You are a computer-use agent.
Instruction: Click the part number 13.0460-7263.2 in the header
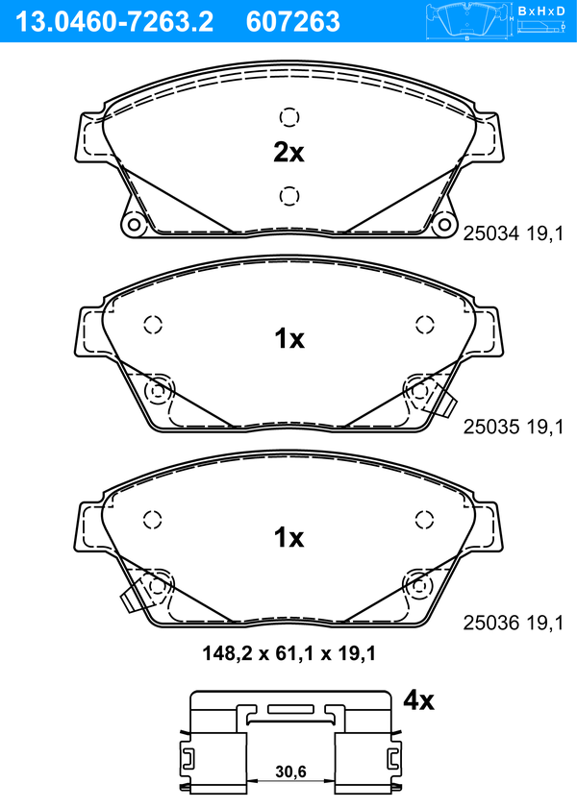114,22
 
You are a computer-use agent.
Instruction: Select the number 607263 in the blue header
293,22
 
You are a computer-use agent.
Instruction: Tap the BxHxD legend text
541,11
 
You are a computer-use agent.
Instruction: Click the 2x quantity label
288,153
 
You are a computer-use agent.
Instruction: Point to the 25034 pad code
490,233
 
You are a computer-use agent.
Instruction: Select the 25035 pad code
490,427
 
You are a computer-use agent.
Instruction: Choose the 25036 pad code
490,623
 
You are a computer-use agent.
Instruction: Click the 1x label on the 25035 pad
289,338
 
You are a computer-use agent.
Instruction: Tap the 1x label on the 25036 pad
289,537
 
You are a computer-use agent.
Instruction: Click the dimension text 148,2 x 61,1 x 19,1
289,653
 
